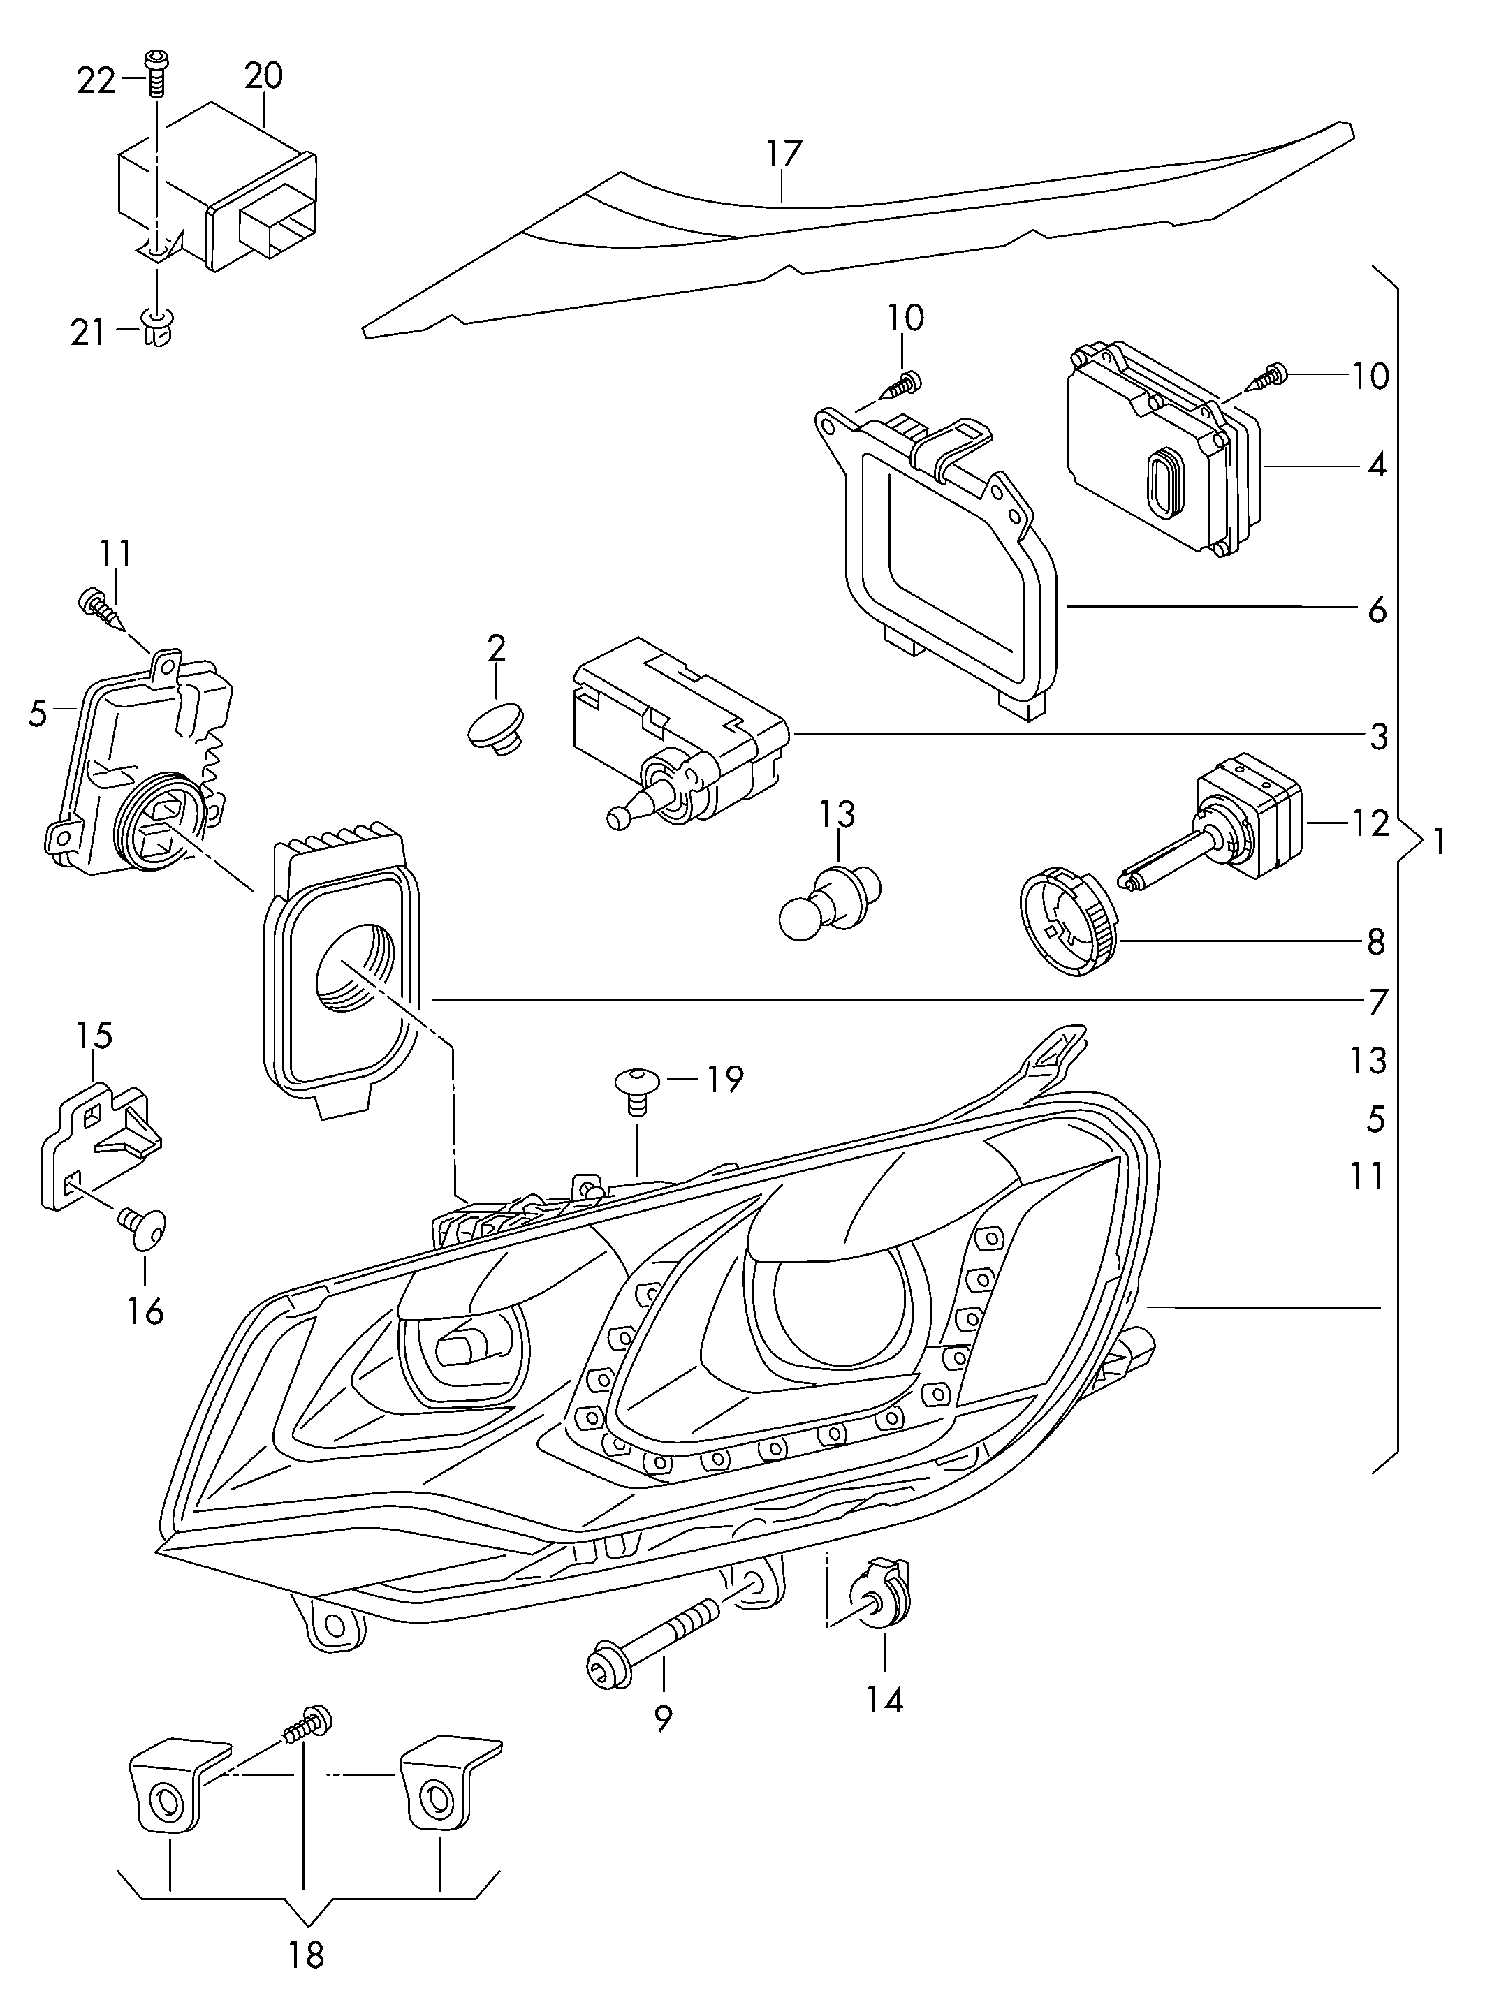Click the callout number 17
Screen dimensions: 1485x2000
784,153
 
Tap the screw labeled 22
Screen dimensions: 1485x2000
156,73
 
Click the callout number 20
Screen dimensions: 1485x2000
263,75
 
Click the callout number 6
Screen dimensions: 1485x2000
1377,611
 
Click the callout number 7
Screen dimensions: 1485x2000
1378,1002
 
